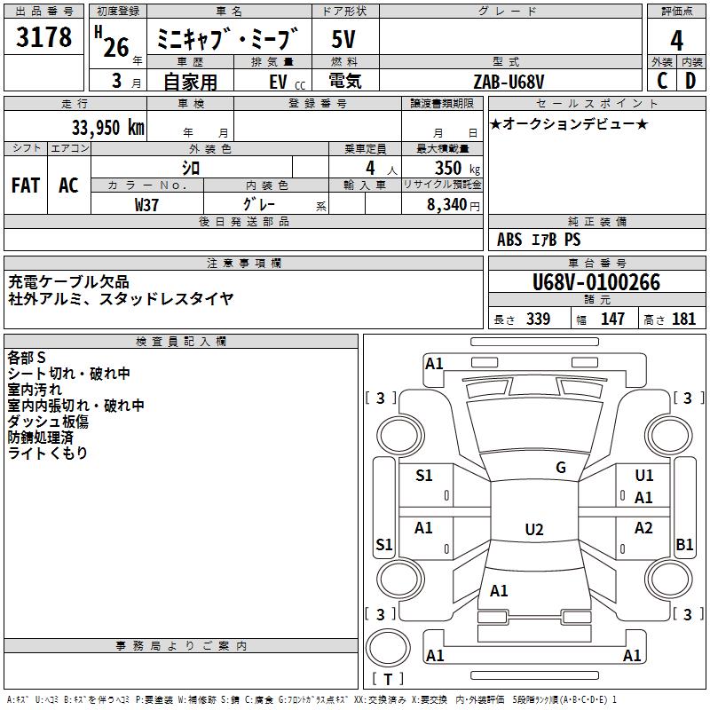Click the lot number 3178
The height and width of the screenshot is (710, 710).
43,36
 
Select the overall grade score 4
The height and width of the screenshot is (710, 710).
676,40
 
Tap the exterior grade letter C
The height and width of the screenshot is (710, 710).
662,81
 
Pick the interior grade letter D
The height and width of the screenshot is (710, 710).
690,81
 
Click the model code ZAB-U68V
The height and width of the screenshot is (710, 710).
509,82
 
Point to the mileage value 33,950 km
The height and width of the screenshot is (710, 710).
108,128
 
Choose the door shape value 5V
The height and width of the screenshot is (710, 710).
343,39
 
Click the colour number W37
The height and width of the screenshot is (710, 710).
146,205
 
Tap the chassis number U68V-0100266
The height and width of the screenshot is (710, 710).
596,282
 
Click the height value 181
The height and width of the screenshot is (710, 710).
683,319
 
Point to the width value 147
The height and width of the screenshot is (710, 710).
612,319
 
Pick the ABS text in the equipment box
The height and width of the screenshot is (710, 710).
509,240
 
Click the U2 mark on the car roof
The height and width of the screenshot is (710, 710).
534,529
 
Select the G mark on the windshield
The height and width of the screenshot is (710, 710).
561,468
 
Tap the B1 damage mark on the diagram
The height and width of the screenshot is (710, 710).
684,544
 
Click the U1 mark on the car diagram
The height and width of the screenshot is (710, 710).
644,476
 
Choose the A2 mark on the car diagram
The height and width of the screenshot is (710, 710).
643,528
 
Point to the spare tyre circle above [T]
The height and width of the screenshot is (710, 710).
388,648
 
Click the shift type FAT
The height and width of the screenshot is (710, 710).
26,185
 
